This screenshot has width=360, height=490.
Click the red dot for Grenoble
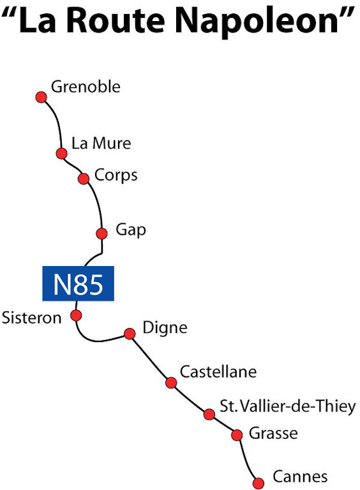tap(41, 97)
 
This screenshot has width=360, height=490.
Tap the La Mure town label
tap(101, 144)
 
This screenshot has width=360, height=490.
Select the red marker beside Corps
tap(84, 179)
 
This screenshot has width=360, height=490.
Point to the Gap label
tap(131, 230)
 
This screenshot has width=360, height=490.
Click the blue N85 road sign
tap(78, 283)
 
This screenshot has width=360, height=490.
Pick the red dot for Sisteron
tap(76, 315)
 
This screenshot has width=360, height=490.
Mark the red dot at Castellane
tap(171, 382)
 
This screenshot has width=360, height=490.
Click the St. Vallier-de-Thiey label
tap(287, 406)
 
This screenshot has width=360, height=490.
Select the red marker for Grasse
tap(237, 434)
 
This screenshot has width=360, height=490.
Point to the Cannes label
tap(300, 477)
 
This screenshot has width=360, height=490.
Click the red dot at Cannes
tap(258, 483)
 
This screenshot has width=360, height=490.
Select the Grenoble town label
tap(86, 87)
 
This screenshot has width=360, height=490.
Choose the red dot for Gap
tap(101, 234)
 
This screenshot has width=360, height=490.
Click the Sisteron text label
tap(31, 318)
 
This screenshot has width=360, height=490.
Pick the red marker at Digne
tap(130, 334)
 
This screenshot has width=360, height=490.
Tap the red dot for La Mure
tap(61, 153)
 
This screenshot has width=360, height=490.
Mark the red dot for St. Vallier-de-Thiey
tap(209, 414)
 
